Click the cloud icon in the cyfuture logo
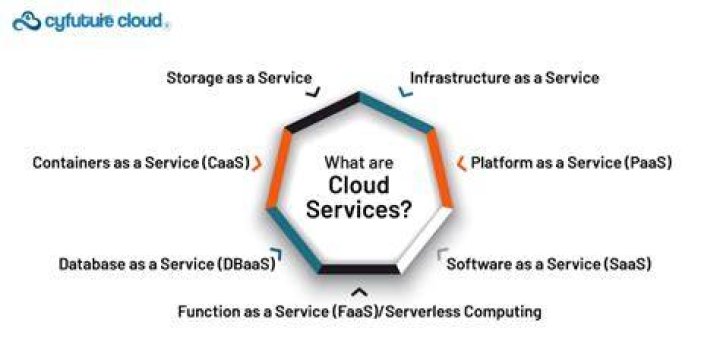coord(27,22)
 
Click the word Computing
coord(502,312)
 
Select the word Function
coord(205,312)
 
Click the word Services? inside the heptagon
coord(359,209)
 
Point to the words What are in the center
coord(359,162)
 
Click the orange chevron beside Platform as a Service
coord(461,163)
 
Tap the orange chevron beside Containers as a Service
coord(258,163)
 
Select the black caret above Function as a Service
coord(359,292)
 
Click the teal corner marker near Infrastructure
coord(404,92)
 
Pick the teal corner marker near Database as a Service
coord(277,253)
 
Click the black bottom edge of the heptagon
coord(359,270)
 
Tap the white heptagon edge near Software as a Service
coord(424,240)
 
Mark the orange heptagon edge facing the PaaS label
coord(440,169)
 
